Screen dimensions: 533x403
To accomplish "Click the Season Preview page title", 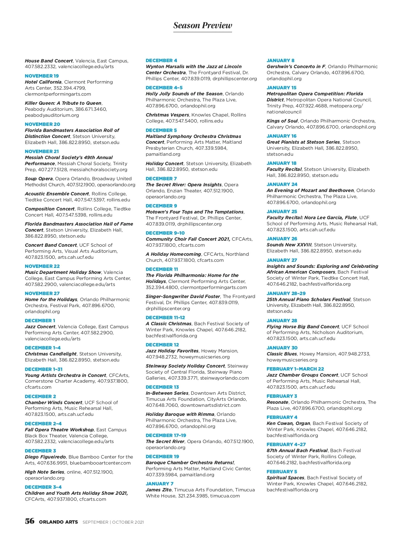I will coord(203,26).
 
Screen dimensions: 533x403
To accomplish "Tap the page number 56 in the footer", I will coord(30,521).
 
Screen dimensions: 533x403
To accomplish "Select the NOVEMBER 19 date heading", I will coord(42,76).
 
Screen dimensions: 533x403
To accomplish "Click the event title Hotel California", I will coord(43,82).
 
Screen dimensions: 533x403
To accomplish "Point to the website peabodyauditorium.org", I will coord(52,115).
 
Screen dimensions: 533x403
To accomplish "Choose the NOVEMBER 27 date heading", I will coord(42,293).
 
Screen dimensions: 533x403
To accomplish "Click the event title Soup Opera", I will coord(39,179).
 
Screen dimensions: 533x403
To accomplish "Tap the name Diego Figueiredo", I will coord(45,457).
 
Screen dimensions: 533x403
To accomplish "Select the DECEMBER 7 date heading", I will coord(161,179).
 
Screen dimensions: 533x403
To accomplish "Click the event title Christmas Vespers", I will coord(167,115).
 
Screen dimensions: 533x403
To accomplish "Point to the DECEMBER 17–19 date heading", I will coord(166,435).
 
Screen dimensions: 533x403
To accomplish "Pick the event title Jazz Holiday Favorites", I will coord(172,351).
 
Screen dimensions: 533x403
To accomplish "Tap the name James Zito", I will coord(159,490).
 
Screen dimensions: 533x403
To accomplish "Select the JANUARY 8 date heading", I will coord(280,60).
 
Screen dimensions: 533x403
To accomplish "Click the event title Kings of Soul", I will coord(282,121).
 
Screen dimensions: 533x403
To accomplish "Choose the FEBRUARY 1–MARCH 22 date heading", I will coord(295,369).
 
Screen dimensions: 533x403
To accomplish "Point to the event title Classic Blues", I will coord(282,354).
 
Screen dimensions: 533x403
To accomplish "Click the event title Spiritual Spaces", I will coord(285,478).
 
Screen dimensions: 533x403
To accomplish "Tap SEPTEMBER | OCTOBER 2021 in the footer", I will coord(113,522).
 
